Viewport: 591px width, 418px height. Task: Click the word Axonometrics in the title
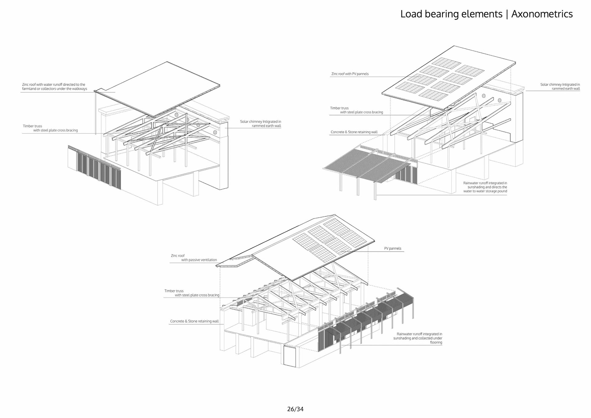542,14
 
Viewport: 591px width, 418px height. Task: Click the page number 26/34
295,409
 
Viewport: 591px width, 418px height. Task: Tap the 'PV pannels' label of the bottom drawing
392,248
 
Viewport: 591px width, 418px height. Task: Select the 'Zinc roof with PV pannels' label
350,74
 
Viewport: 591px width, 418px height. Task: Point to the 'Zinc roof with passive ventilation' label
194,258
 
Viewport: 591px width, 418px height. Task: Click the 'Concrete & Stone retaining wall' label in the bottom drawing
194,321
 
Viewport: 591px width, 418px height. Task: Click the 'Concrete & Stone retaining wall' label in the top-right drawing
354,132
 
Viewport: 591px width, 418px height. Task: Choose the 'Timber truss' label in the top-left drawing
50,128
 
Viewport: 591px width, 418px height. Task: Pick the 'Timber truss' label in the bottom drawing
191,293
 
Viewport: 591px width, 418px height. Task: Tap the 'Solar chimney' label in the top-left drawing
260,124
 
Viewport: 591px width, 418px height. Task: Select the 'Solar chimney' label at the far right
560,87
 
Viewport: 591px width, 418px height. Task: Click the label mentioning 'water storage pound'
485,187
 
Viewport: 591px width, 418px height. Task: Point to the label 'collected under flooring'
418,338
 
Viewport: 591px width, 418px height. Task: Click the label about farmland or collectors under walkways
54,87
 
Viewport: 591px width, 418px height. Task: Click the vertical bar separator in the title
507,14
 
